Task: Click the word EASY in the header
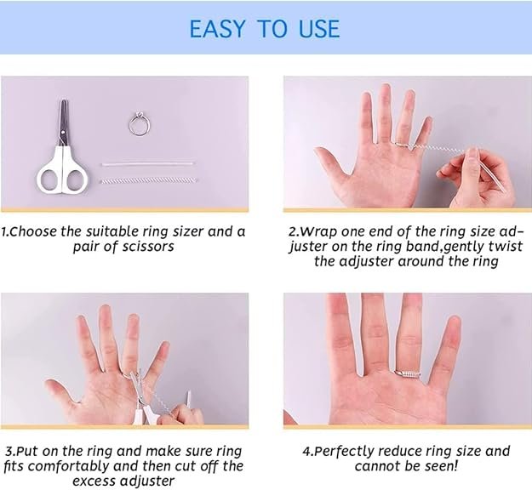217,29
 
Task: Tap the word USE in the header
319,29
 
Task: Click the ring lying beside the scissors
139,123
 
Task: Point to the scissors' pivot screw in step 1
63,132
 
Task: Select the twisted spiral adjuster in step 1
148,180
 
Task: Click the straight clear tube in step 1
148,164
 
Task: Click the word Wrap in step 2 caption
318,232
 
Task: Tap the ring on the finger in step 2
403,145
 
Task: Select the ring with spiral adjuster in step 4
407,374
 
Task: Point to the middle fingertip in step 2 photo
386,88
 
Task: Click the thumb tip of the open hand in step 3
50,385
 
